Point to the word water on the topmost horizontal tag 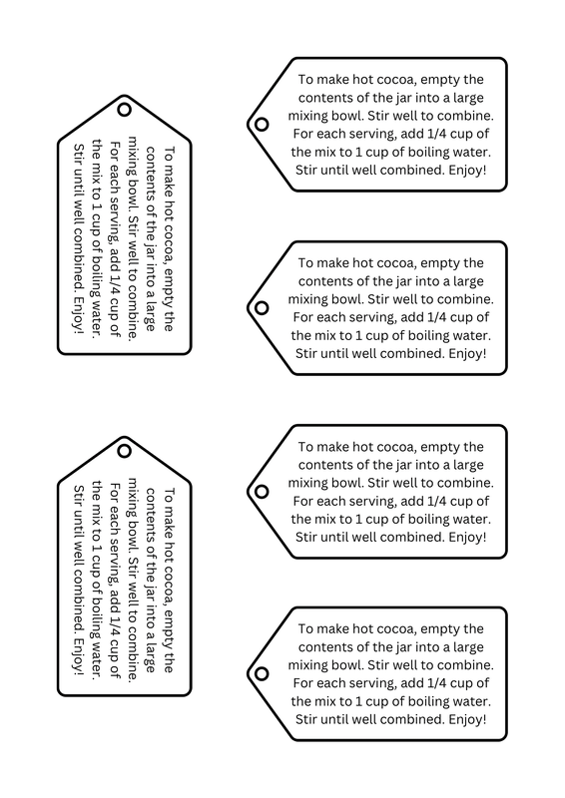[x=468, y=152]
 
